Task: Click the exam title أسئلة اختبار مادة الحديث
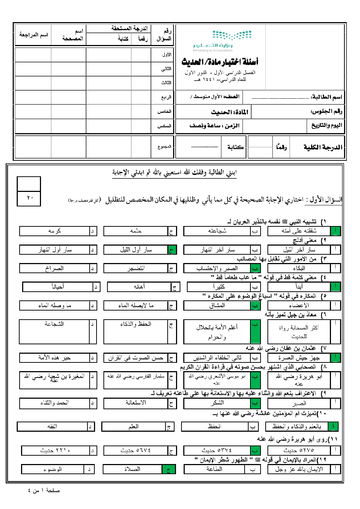pos(220,62)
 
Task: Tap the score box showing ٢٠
pos(29,198)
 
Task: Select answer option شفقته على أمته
pos(299,231)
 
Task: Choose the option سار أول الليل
pos(136,250)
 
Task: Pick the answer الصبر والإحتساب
pos(217,268)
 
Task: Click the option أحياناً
pos(58,287)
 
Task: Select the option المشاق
pos(217,305)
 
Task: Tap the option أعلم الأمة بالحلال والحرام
pos(217,332)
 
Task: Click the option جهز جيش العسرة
pos(299,358)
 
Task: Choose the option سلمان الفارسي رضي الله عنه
pos(136,377)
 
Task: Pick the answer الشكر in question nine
pos(217,403)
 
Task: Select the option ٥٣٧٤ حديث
pos(217,451)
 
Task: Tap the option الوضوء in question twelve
pos(53,469)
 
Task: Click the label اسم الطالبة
pos(326,97)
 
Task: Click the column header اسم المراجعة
pos(33,35)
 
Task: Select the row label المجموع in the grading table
pos(164,147)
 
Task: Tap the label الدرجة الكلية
pos(323,147)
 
